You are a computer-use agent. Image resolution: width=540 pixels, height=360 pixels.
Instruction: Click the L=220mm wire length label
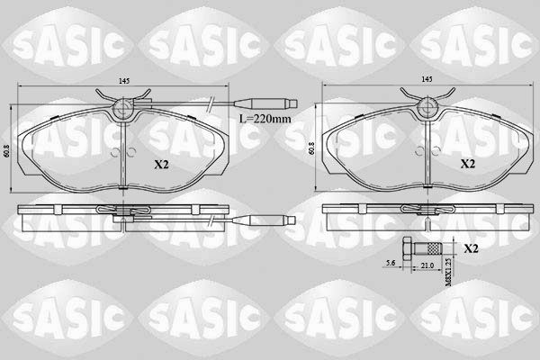click(265, 118)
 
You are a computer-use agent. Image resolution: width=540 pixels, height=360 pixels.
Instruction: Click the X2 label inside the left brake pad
click(162, 165)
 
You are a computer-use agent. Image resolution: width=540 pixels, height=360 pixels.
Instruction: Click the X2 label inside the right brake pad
click(467, 165)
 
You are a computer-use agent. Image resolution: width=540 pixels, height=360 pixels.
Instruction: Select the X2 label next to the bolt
click(471, 247)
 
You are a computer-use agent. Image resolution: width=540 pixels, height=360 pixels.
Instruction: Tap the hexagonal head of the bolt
click(410, 247)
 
